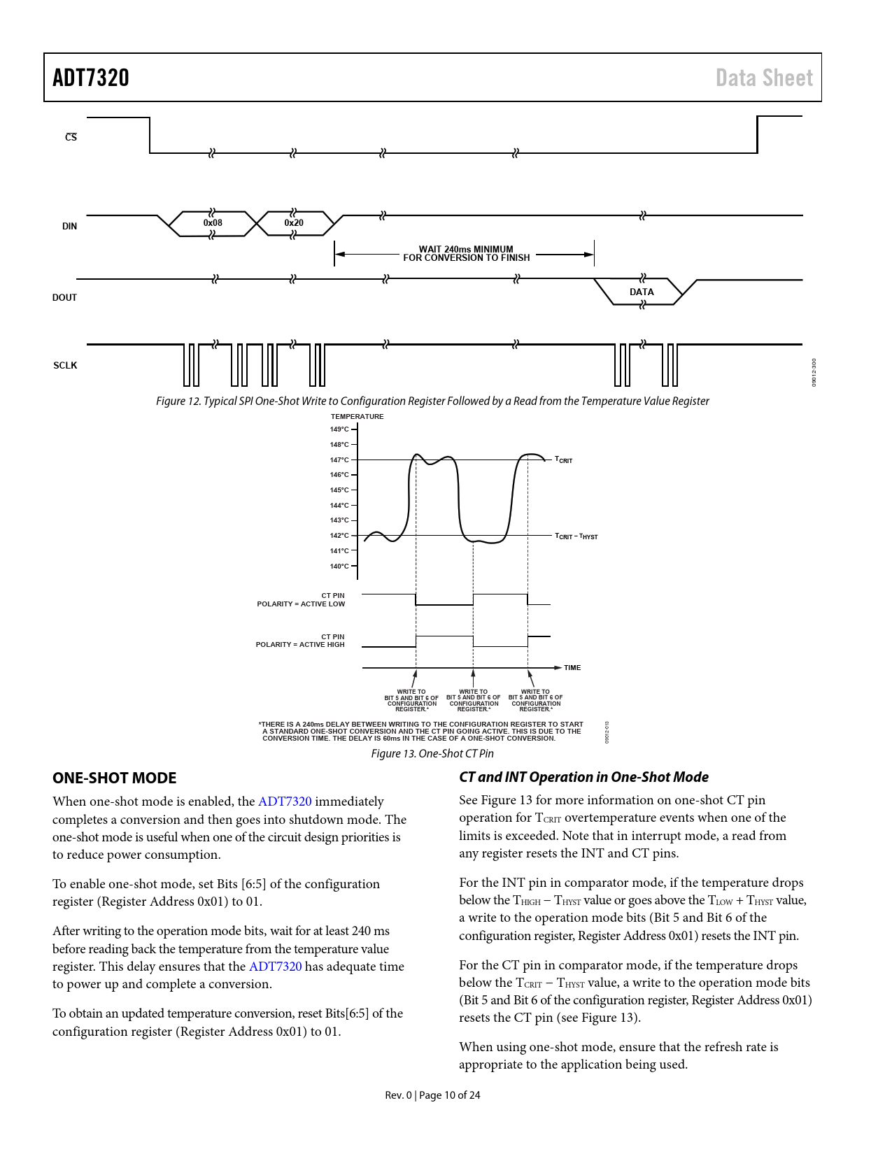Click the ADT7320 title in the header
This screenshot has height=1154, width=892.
[91, 78]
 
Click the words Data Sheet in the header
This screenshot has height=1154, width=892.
[764, 78]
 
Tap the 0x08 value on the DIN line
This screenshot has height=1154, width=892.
[213, 223]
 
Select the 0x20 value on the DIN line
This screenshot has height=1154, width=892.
[294, 223]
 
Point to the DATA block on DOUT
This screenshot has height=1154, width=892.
[642, 292]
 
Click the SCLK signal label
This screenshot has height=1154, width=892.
[65, 365]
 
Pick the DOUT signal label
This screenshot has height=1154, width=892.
[64, 297]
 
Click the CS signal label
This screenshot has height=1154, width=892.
[71, 137]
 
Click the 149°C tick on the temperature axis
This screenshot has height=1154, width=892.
[339, 429]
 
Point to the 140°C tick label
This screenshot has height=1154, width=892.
[339, 566]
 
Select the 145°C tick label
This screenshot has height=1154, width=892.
[339, 490]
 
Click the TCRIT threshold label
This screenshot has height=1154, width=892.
[563, 460]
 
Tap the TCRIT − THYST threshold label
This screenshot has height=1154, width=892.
[576, 536]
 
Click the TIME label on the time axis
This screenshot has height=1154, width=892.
[572, 668]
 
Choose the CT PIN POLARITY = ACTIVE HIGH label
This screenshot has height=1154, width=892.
[301, 641]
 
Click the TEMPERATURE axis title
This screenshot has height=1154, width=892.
[357, 417]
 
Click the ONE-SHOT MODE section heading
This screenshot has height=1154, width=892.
[115, 778]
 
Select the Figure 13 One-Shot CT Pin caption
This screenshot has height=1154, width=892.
[432, 753]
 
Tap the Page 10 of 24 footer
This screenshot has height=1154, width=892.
[432, 1095]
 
